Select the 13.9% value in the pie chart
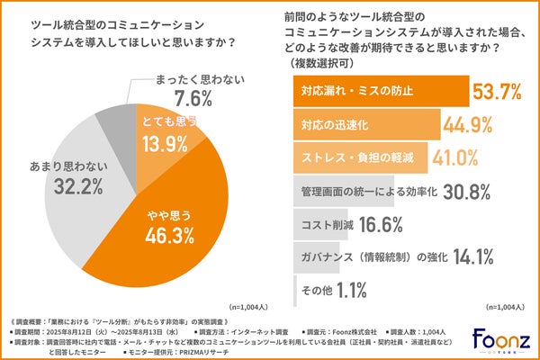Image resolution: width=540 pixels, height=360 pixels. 164,143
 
